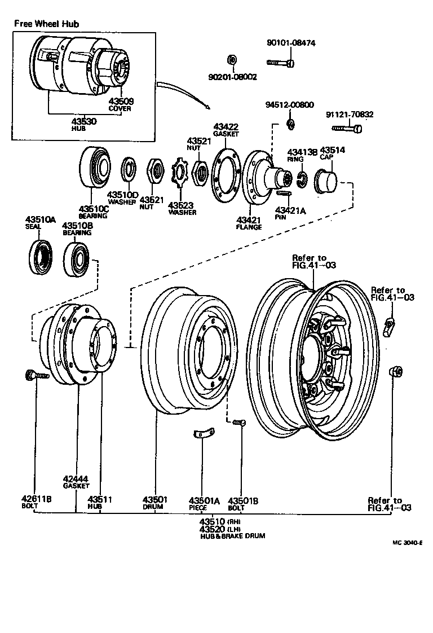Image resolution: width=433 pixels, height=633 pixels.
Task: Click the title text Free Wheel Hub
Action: (46, 24)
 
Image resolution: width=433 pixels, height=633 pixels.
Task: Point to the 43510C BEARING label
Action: (93, 212)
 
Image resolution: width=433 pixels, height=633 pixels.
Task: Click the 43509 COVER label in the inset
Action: (120, 105)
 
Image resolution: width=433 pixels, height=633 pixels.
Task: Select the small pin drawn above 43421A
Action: (285, 194)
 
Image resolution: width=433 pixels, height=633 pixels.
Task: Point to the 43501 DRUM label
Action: (153, 503)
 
